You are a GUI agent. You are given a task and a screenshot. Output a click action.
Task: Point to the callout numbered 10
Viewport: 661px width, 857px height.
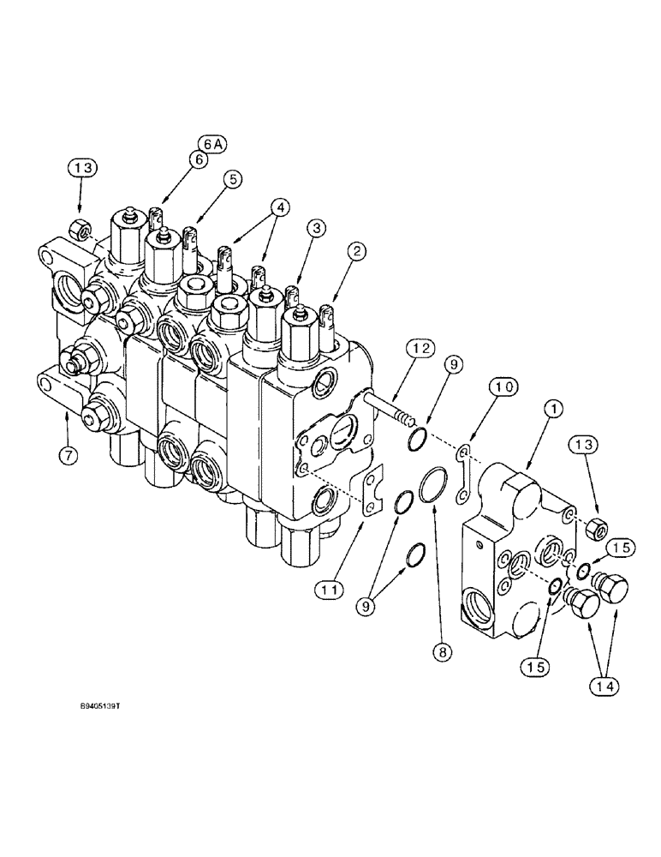coord(504,387)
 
